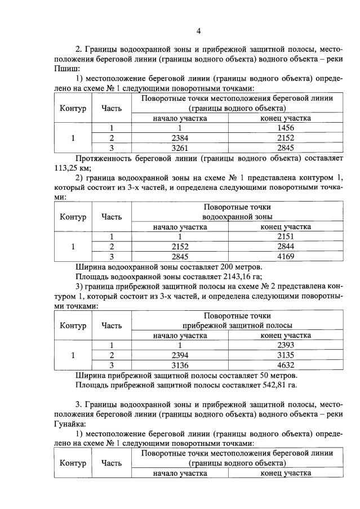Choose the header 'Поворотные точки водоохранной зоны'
click(237, 212)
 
